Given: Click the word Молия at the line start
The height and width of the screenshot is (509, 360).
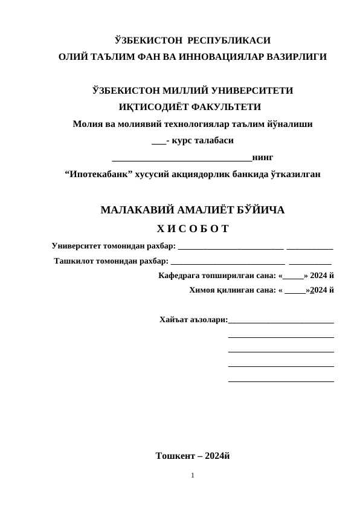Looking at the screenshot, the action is pos(86,125).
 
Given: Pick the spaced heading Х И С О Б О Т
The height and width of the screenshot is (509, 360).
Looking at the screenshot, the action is pos(192,229).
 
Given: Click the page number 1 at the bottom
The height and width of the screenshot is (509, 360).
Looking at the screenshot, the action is pos(192,476).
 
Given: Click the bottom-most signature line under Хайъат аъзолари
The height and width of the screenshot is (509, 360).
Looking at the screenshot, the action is pos(281,380).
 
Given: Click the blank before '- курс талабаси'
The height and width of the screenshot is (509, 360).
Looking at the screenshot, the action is pos(158,143).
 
